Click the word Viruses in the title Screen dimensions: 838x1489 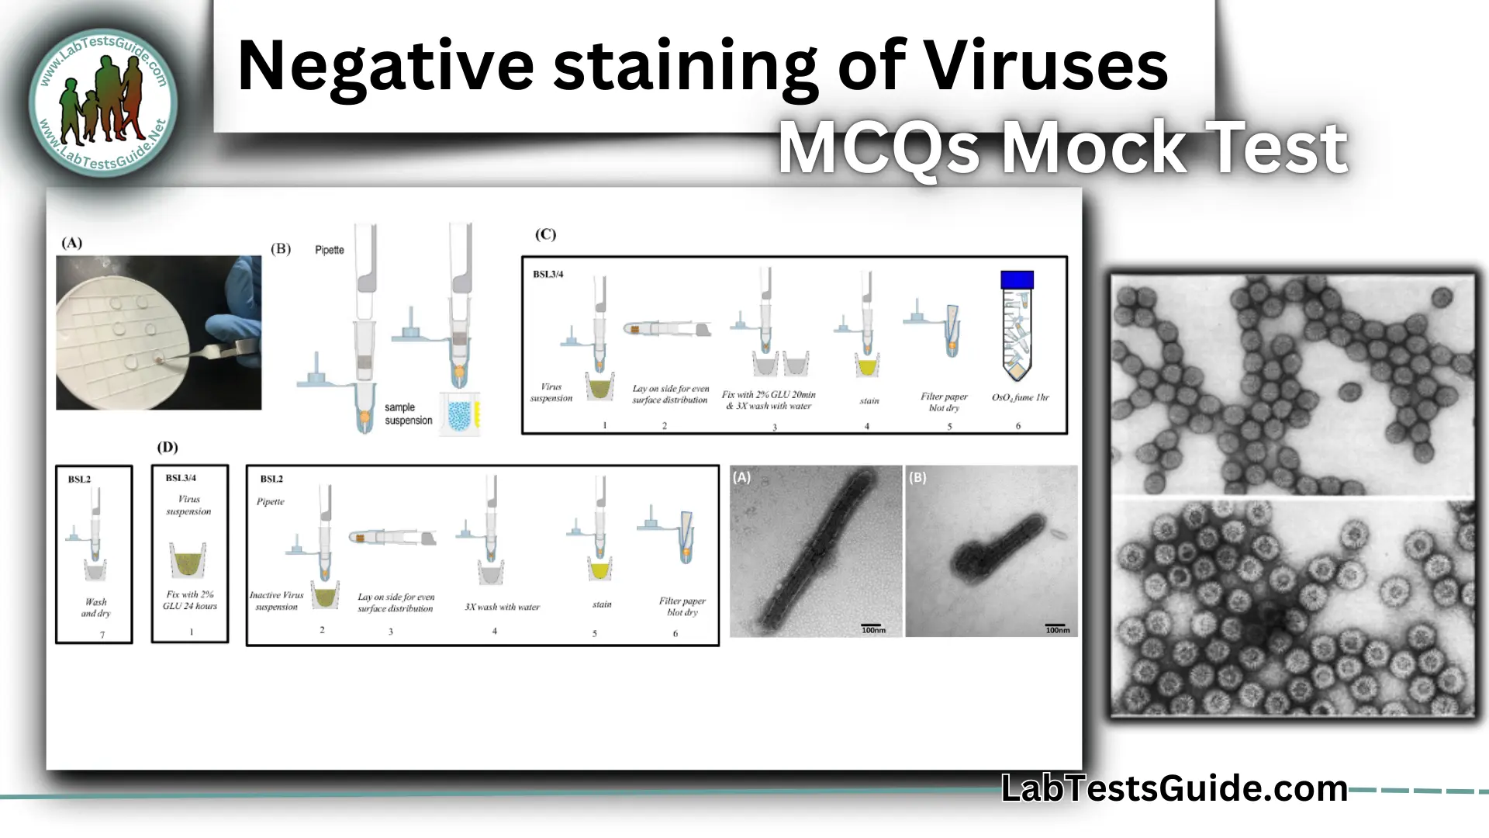(x=1046, y=67)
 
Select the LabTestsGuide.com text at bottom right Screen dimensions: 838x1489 (x=1174, y=788)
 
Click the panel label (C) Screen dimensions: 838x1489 (x=545, y=234)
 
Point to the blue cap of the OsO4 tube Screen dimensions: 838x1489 (x=1017, y=280)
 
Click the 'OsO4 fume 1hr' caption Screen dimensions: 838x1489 (x=1020, y=397)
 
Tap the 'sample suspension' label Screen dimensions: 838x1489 (x=408, y=414)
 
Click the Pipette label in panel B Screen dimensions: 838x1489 (x=329, y=250)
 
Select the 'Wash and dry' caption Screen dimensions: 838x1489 (x=96, y=608)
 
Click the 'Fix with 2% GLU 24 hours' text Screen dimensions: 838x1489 (x=190, y=600)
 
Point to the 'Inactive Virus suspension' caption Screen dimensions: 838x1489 (x=277, y=601)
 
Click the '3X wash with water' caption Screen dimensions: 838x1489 (x=502, y=607)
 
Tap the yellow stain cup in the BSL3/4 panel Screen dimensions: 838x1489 (x=867, y=365)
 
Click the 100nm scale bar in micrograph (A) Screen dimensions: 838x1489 (x=872, y=627)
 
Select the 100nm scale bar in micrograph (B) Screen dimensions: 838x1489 (x=1056, y=627)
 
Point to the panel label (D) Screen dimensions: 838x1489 (x=168, y=447)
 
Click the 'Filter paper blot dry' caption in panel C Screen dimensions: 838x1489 (x=944, y=402)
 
